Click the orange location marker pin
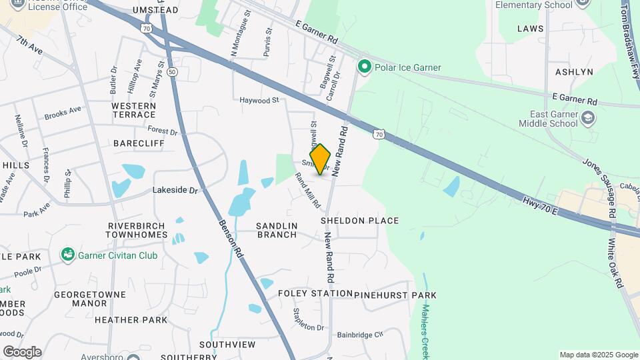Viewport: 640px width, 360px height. click(x=320, y=159)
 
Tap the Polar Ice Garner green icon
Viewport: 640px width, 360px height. click(x=364, y=67)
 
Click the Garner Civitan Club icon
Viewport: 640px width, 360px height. click(x=67, y=255)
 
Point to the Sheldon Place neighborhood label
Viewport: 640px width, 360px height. click(x=359, y=221)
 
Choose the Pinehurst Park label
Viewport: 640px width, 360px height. click(x=395, y=295)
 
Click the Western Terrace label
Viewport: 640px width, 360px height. click(x=133, y=111)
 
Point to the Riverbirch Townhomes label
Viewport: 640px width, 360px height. click(x=137, y=230)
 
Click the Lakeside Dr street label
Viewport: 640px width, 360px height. click(x=176, y=190)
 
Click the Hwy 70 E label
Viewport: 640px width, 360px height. click(x=540, y=207)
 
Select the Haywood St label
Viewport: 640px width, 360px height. click(x=259, y=100)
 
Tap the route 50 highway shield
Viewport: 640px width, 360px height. click(x=173, y=71)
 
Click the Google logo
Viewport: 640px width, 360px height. click(x=22, y=351)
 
